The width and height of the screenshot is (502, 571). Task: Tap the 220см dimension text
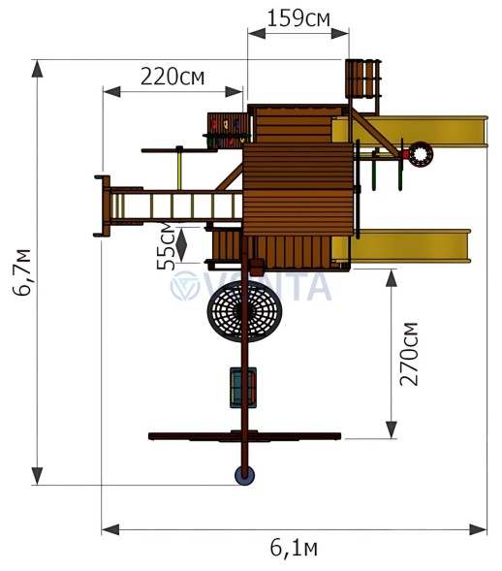pos(172,77)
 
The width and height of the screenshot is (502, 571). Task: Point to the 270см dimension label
pos(410,353)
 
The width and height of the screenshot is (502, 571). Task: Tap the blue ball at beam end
pos(244,475)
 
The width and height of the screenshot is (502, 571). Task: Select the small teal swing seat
pos(242,387)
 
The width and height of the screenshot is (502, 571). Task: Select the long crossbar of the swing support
pos(244,436)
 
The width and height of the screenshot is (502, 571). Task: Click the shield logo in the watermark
pos(185,286)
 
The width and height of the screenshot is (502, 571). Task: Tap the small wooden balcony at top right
pos(361,79)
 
